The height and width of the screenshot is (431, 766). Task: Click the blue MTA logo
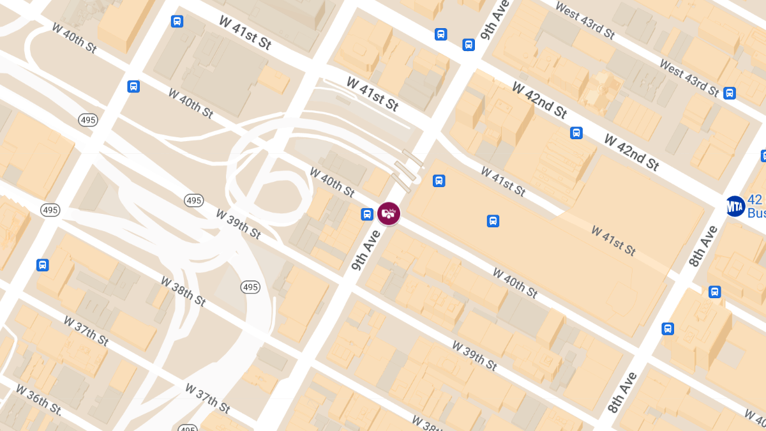pyautogui.click(x=735, y=206)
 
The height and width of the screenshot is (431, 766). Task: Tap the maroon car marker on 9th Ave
pyautogui.click(x=388, y=213)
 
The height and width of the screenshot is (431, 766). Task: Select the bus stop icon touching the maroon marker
pyautogui.click(x=367, y=214)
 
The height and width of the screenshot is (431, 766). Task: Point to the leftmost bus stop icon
pyautogui.click(x=43, y=264)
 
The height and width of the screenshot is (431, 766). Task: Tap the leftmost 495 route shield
pyautogui.click(x=50, y=209)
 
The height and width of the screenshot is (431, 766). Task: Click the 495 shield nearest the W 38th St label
pyautogui.click(x=250, y=287)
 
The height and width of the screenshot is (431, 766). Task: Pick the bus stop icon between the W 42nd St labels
pyautogui.click(x=576, y=133)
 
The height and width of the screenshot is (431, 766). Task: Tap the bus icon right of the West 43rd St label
pyautogui.click(x=730, y=93)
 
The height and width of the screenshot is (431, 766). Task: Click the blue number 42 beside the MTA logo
pyautogui.click(x=756, y=199)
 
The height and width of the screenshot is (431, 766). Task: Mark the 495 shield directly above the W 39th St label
pyautogui.click(x=194, y=200)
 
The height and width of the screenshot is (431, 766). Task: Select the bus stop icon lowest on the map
pyautogui.click(x=668, y=329)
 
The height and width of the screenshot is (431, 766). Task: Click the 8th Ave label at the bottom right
pyautogui.click(x=623, y=391)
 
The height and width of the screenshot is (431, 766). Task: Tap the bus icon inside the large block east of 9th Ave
pyautogui.click(x=493, y=221)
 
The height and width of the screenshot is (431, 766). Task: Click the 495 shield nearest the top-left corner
pyautogui.click(x=87, y=120)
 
